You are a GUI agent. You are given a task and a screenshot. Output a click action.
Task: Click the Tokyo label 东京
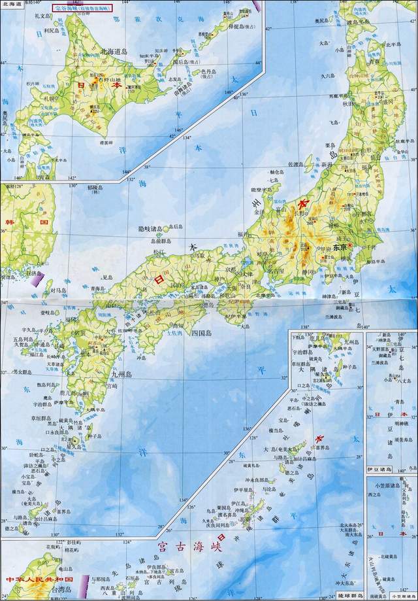pyautogui.click(x=338, y=248)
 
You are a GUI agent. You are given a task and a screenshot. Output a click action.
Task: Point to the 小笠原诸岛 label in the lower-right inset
pyautogui.click(x=389, y=485)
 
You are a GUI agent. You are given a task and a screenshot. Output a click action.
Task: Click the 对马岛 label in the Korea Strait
pyautogui.click(x=59, y=288)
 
